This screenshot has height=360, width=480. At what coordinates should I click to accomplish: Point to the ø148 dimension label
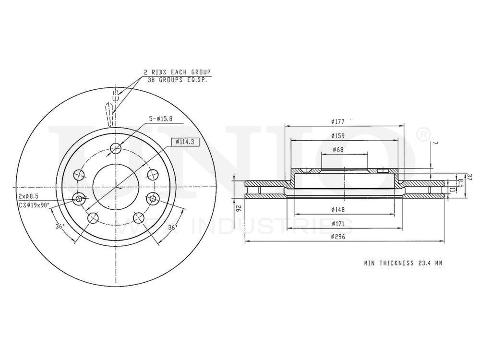coord(338,210)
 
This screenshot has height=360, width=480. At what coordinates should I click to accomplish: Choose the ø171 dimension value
coord(338,224)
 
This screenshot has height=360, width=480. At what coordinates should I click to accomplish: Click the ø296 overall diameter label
coord(338,237)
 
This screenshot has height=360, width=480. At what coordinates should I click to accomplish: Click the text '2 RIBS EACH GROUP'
coord(177,72)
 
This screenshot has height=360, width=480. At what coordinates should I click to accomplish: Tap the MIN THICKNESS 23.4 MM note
coord(403,263)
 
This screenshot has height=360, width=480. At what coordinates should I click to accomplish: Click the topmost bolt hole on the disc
coord(116,149)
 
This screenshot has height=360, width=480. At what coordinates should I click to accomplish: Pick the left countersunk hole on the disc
coord(79,198)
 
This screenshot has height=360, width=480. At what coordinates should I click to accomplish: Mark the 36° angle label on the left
coord(60,227)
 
